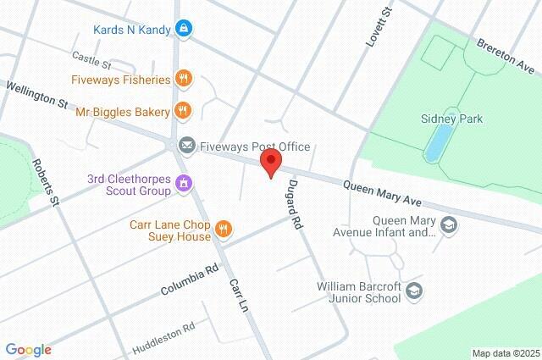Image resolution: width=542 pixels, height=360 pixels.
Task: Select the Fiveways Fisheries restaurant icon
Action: [x=183, y=80]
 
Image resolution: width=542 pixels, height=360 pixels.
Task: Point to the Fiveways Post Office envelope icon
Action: [x=186, y=146]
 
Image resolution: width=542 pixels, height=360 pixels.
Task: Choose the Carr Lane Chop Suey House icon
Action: [x=224, y=227]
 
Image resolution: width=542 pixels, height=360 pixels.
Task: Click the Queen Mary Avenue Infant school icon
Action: [x=450, y=224]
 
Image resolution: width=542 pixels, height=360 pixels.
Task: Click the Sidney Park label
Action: [x=451, y=119]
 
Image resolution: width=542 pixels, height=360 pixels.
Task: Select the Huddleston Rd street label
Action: [x=163, y=337]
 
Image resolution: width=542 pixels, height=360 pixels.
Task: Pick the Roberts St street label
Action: [x=45, y=182]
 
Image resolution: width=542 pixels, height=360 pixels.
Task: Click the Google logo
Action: [x=28, y=349]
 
